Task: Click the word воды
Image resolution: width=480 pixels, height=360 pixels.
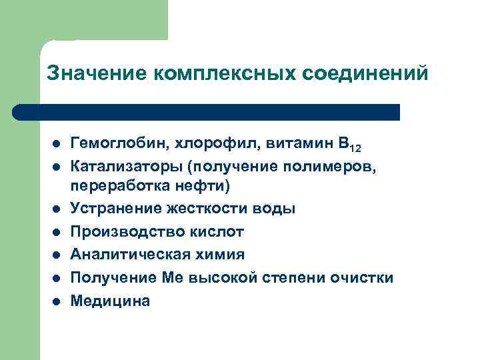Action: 273,209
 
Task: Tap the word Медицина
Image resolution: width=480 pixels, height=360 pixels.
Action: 110,301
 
